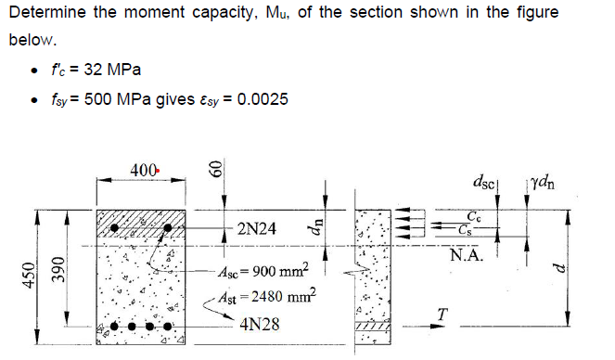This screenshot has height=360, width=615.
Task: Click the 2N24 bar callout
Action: [x=256, y=227]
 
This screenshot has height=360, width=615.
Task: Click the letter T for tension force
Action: [x=444, y=315]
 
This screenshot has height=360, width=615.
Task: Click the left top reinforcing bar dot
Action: [x=115, y=227]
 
